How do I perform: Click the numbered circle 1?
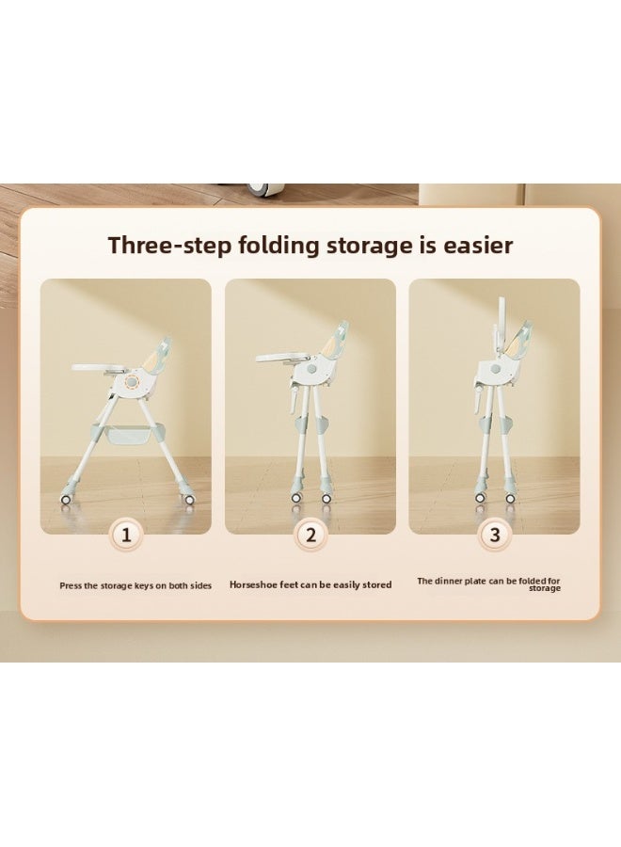pyautogui.click(x=126, y=535)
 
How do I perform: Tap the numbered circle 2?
pyautogui.click(x=310, y=535)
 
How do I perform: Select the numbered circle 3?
pyautogui.click(x=495, y=535)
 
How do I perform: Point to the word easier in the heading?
pyautogui.click(x=478, y=246)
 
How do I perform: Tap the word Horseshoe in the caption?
pyautogui.click(x=253, y=584)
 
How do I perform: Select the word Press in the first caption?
pyautogui.click(x=71, y=585)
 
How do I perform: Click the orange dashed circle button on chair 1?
pyautogui.click(x=133, y=382)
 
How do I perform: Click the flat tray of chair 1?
pyautogui.click(x=102, y=368)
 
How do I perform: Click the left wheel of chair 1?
pyautogui.click(x=66, y=500)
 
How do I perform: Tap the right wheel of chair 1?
pyautogui.click(x=189, y=500)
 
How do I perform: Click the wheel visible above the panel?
pyautogui.click(x=257, y=189)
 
